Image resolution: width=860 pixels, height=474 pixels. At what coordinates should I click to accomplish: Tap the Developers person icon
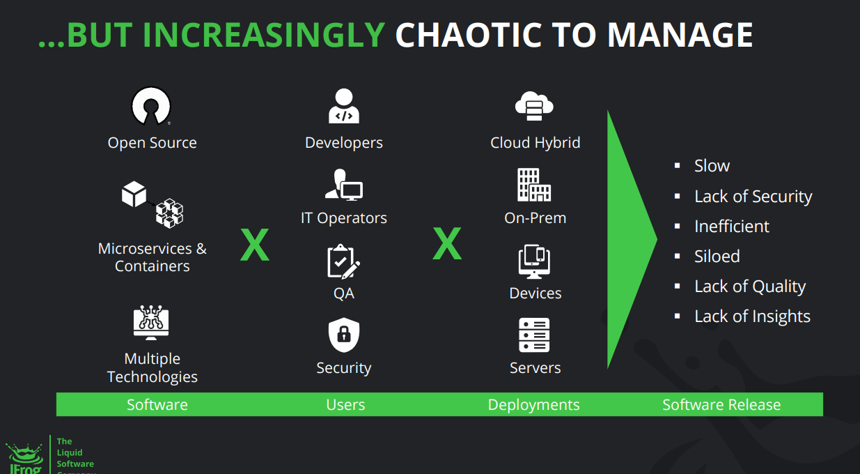click(343, 106)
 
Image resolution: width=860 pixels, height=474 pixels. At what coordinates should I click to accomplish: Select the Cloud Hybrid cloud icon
click(534, 106)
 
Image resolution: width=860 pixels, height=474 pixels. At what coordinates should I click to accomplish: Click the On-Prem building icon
click(534, 185)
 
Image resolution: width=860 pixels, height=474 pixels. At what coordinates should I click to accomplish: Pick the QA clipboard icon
click(343, 261)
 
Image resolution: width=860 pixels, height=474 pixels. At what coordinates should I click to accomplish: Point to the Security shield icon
click(344, 335)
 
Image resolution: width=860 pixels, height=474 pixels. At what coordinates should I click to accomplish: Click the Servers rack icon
click(534, 335)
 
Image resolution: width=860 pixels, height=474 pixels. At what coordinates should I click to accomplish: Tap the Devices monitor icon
click(534, 261)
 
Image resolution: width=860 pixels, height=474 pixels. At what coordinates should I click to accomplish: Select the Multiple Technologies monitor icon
click(151, 323)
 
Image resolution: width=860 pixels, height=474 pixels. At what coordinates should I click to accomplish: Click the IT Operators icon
click(343, 185)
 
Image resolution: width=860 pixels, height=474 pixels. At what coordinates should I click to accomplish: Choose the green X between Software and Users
click(255, 245)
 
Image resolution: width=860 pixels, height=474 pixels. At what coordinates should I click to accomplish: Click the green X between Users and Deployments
click(447, 243)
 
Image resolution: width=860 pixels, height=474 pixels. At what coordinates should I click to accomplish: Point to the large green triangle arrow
click(626, 239)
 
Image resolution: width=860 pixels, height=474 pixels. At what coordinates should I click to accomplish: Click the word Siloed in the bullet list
click(717, 257)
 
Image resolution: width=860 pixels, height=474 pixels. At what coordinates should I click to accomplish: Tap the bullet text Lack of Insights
click(752, 316)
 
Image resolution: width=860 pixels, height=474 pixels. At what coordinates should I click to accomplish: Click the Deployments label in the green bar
click(533, 405)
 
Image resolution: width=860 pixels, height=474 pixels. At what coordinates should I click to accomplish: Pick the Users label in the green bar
click(345, 405)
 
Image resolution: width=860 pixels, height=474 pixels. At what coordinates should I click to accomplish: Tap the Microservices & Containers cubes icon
click(153, 204)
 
